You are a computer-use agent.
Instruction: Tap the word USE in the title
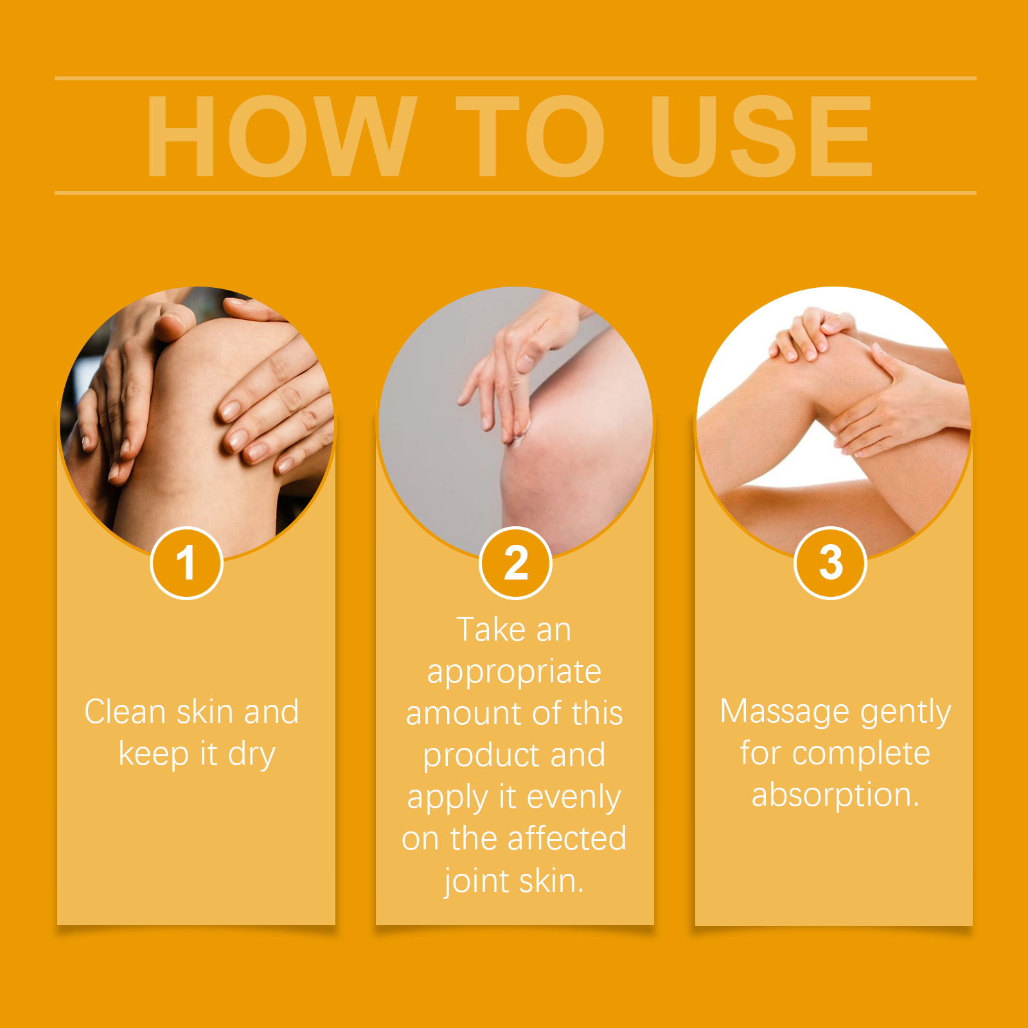pyautogui.click(x=761, y=136)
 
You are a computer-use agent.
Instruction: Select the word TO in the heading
pyautogui.click(x=530, y=136)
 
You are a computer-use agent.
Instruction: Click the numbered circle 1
pyautogui.click(x=186, y=563)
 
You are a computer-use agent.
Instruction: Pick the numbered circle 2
pyautogui.click(x=515, y=563)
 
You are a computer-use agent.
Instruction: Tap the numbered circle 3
pyautogui.click(x=831, y=563)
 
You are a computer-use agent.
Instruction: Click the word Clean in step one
pyautogui.click(x=125, y=712)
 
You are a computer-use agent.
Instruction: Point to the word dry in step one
pyautogui.click(x=251, y=754)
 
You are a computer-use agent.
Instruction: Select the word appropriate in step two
pyautogui.click(x=514, y=672)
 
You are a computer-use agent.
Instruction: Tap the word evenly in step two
pyautogui.click(x=573, y=797)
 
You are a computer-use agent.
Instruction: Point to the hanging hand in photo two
pyautogui.click(x=508, y=373)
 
